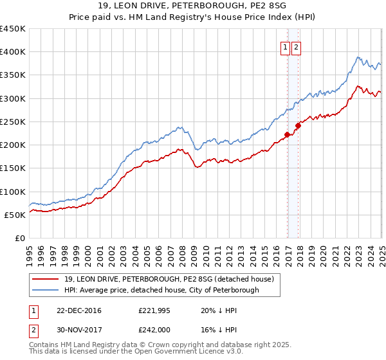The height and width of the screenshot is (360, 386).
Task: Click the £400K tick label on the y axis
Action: [x=12, y=52]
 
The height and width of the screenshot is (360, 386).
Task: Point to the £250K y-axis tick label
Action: [x=12, y=122]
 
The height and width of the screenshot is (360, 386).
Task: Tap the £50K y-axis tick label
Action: [x=15, y=215]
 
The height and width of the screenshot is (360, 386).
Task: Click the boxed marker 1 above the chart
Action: [x=284, y=47]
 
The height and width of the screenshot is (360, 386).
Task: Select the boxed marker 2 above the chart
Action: [x=296, y=47]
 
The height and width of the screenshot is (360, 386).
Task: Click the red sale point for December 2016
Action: [x=287, y=134]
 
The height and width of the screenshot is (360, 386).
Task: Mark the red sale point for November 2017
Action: [x=298, y=125]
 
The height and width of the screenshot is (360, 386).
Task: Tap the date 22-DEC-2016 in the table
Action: [x=79, y=310]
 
